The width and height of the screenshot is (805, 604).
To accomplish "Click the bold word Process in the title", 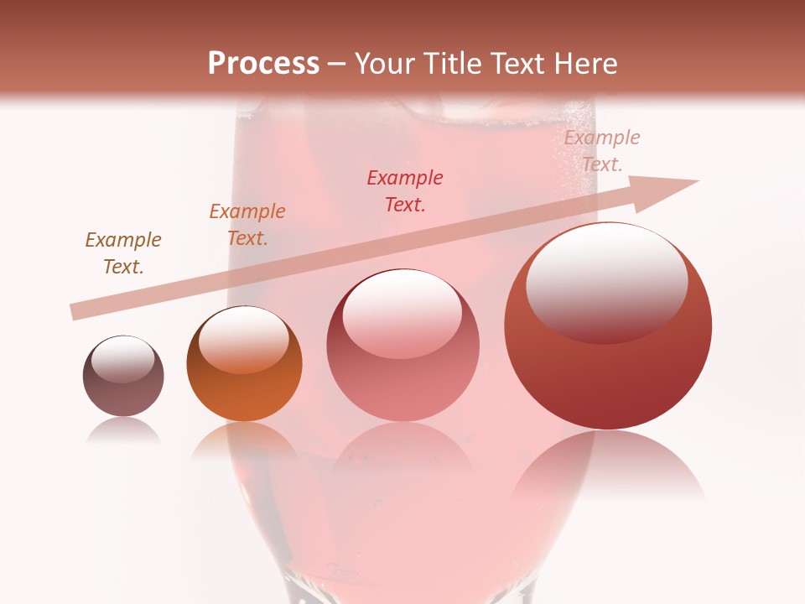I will tap(263, 64).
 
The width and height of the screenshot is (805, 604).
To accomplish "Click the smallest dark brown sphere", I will tap(123, 377).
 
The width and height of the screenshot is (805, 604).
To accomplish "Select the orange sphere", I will tap(244, 363).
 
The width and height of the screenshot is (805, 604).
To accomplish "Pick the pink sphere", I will tap(402, 345).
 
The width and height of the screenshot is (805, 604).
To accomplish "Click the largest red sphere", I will tap(608, 326).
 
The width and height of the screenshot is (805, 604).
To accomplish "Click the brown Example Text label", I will tap(123, 253).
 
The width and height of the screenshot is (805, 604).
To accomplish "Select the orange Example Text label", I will tap(247, 225).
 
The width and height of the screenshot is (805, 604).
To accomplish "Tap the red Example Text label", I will tap(405, 190).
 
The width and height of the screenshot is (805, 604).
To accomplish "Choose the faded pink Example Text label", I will tap(601, 151).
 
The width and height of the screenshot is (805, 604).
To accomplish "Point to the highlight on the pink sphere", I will tap(402, 312).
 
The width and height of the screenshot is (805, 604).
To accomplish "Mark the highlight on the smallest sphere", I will tap(123, 358).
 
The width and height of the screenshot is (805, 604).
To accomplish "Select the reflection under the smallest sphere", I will tap(123, 430).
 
